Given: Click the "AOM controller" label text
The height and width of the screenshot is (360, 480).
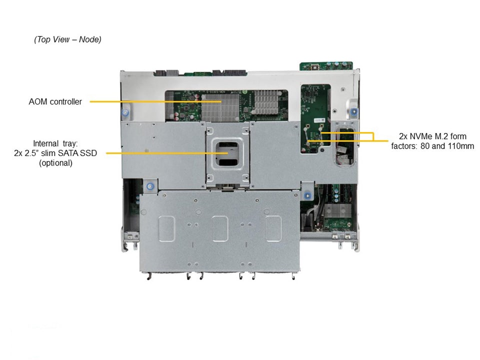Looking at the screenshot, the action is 55,101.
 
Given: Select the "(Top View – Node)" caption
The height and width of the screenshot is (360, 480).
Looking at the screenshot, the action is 67,39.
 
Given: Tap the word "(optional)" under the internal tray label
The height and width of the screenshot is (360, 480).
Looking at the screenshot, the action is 55,163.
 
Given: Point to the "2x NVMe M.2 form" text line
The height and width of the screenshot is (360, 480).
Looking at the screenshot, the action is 432,136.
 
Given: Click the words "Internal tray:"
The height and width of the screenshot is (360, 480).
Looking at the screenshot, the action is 55,143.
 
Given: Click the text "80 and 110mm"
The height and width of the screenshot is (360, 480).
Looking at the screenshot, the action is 447,146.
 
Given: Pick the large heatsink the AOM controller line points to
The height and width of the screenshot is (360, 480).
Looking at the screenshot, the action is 220,107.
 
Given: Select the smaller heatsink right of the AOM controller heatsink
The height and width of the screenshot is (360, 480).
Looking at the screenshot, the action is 265,101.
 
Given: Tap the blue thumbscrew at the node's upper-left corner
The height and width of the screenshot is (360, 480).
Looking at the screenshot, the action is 124,113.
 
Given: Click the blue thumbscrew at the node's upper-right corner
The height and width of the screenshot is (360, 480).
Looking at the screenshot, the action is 354,111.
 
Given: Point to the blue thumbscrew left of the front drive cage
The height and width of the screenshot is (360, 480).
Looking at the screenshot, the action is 149,186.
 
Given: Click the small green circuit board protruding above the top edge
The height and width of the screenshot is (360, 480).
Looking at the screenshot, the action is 326,66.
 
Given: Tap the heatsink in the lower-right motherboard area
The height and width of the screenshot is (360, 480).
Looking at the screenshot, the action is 337,210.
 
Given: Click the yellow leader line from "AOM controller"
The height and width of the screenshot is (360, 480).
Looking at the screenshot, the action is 155,101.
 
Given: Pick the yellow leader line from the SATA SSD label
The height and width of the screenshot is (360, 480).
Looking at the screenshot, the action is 167,153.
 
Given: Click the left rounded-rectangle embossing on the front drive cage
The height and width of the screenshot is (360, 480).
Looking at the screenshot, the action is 167,228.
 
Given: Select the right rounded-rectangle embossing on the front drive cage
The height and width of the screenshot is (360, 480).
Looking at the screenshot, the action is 273,228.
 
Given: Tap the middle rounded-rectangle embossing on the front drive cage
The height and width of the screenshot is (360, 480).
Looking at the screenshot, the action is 220,228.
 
